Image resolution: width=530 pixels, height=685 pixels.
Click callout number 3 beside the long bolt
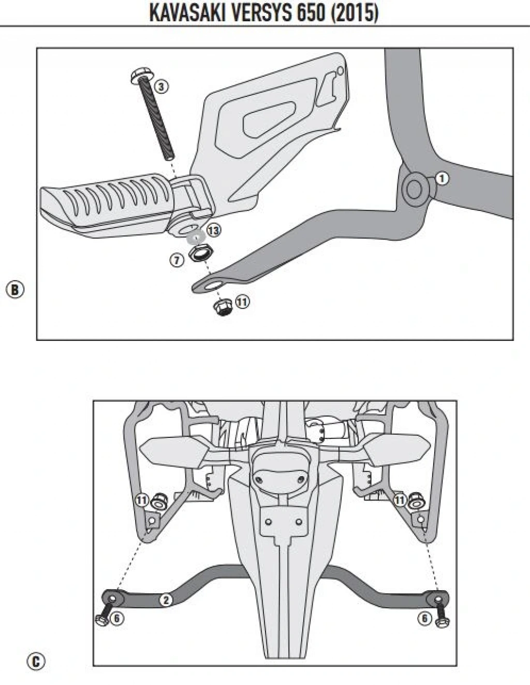(x=161, y=86)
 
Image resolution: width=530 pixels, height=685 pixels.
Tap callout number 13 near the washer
(x=213, y=229)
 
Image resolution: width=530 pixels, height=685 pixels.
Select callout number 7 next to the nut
(x=177, y=260)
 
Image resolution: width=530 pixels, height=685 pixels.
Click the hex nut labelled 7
(x=197, y=253)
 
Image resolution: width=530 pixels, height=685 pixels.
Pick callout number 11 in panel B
(x=242, y=301)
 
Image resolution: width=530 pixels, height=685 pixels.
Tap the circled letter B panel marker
(x=15, y=289)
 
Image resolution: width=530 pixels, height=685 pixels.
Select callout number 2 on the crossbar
(x=165, y=600)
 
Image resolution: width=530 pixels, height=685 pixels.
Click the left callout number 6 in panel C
(x=117, y=618)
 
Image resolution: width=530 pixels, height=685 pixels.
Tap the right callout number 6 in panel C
(x=424, y=618)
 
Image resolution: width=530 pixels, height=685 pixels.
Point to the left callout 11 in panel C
(x=142, y=500)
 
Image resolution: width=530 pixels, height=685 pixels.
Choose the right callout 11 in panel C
(x=399, y=500)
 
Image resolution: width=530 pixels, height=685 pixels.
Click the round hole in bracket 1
(x=414, y=190)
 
